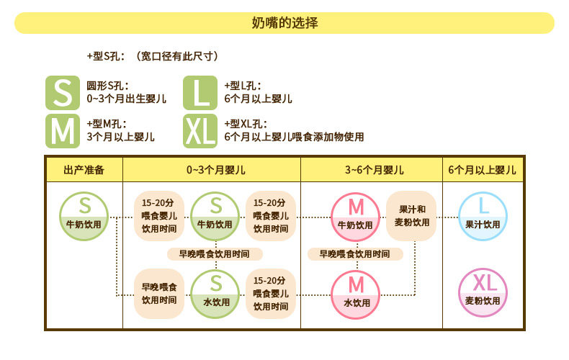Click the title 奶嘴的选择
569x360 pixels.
point(284,22)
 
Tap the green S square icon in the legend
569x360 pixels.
point(63,92)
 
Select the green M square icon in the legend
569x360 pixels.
point(63,130)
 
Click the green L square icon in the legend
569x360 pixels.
point(200,92)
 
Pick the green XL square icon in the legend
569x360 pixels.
point(200,130)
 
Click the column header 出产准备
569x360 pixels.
point(84,170)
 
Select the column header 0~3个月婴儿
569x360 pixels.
point(212,170)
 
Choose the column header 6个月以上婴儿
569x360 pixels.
point(482,170)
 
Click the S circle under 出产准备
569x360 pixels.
point(84,217)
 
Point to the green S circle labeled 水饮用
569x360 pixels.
point(216,292)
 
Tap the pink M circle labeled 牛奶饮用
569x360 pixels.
point(355,217)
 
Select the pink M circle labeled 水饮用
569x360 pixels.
point(355,293)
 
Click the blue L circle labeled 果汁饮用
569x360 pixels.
point(483,217)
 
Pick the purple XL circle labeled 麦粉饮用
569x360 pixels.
point(483,293)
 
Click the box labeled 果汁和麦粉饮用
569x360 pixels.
point(411,215)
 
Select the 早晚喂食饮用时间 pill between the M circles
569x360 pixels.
point(355,254)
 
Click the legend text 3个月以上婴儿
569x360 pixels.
point(121,137)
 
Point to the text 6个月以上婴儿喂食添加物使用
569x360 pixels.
point(294,137)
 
